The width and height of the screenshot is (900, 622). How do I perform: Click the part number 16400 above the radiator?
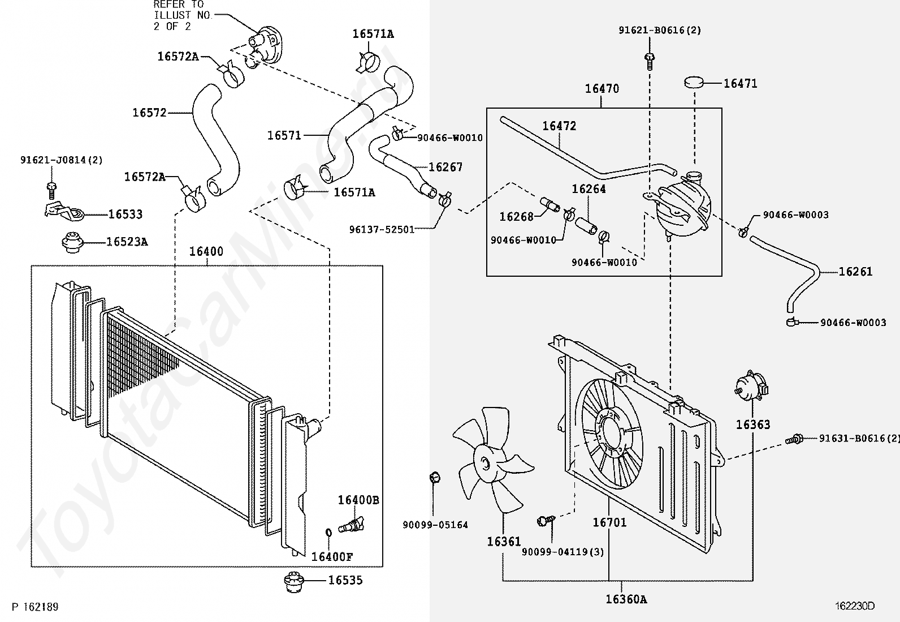(x=206, y=251)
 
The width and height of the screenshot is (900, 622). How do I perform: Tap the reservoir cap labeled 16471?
(x=695, y=83)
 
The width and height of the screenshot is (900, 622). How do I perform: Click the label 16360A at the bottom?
(x=626, y=599)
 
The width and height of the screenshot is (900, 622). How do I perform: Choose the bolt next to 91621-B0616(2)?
(x=650, y=58)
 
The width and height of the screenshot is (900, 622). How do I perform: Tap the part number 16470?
(x=602, y=89)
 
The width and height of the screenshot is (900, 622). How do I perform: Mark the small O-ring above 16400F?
(x=329, y=533)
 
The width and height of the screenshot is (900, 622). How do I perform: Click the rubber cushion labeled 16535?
(x=292, y=581)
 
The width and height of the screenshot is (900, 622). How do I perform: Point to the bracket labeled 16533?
(x=62, y=211)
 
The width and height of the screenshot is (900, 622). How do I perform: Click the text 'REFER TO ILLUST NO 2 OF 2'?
(x=181, y=15)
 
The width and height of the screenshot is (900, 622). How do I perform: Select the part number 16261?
(x=855, y=272)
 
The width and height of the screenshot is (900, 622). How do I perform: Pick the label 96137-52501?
(x=382, y=229)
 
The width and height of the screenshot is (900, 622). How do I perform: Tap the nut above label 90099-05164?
(x=434, y=477)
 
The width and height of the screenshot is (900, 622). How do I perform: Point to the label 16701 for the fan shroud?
(x=609, y=522)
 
